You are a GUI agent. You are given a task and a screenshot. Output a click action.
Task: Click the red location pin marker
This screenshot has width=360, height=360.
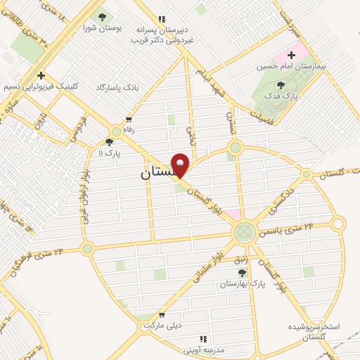[181, 165]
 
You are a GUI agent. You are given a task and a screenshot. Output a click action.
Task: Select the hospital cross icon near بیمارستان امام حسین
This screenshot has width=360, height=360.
[290, 55]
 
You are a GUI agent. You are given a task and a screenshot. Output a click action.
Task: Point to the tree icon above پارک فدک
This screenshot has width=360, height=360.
[281, 84]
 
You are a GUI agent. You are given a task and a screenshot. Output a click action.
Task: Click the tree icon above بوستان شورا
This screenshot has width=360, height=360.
[103, 17]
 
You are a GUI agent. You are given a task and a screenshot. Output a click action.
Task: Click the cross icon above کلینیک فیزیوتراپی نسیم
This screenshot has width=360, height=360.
[41, 75]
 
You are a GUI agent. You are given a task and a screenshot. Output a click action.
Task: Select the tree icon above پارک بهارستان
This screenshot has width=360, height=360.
[242, 273]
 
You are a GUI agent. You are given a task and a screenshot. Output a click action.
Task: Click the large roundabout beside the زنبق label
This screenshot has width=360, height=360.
[245, 231]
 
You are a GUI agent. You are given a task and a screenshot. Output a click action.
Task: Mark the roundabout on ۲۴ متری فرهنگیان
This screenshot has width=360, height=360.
[87, 248]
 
